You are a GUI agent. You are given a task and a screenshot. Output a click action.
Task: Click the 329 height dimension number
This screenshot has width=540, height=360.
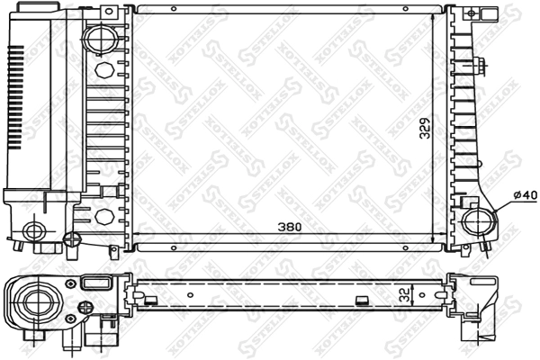point(426,128)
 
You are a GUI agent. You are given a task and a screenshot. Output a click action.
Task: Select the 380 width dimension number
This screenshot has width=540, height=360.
point(290,227)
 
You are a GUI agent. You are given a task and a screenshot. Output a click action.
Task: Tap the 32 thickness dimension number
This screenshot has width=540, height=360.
point(407,294)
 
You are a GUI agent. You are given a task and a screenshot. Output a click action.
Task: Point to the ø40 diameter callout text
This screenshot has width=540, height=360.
point(525,195)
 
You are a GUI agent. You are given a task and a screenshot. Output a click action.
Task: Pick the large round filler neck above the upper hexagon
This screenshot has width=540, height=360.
point(101,38)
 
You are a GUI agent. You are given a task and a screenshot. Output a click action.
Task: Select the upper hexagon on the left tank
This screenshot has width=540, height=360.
point(104,70)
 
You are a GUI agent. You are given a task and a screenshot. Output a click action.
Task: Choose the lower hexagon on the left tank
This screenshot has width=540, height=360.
point(104,216)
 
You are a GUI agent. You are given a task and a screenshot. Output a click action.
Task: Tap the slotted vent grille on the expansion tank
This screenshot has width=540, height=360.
point(16,97)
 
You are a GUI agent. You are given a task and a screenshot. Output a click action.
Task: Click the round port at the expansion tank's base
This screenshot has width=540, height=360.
point(34,231)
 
